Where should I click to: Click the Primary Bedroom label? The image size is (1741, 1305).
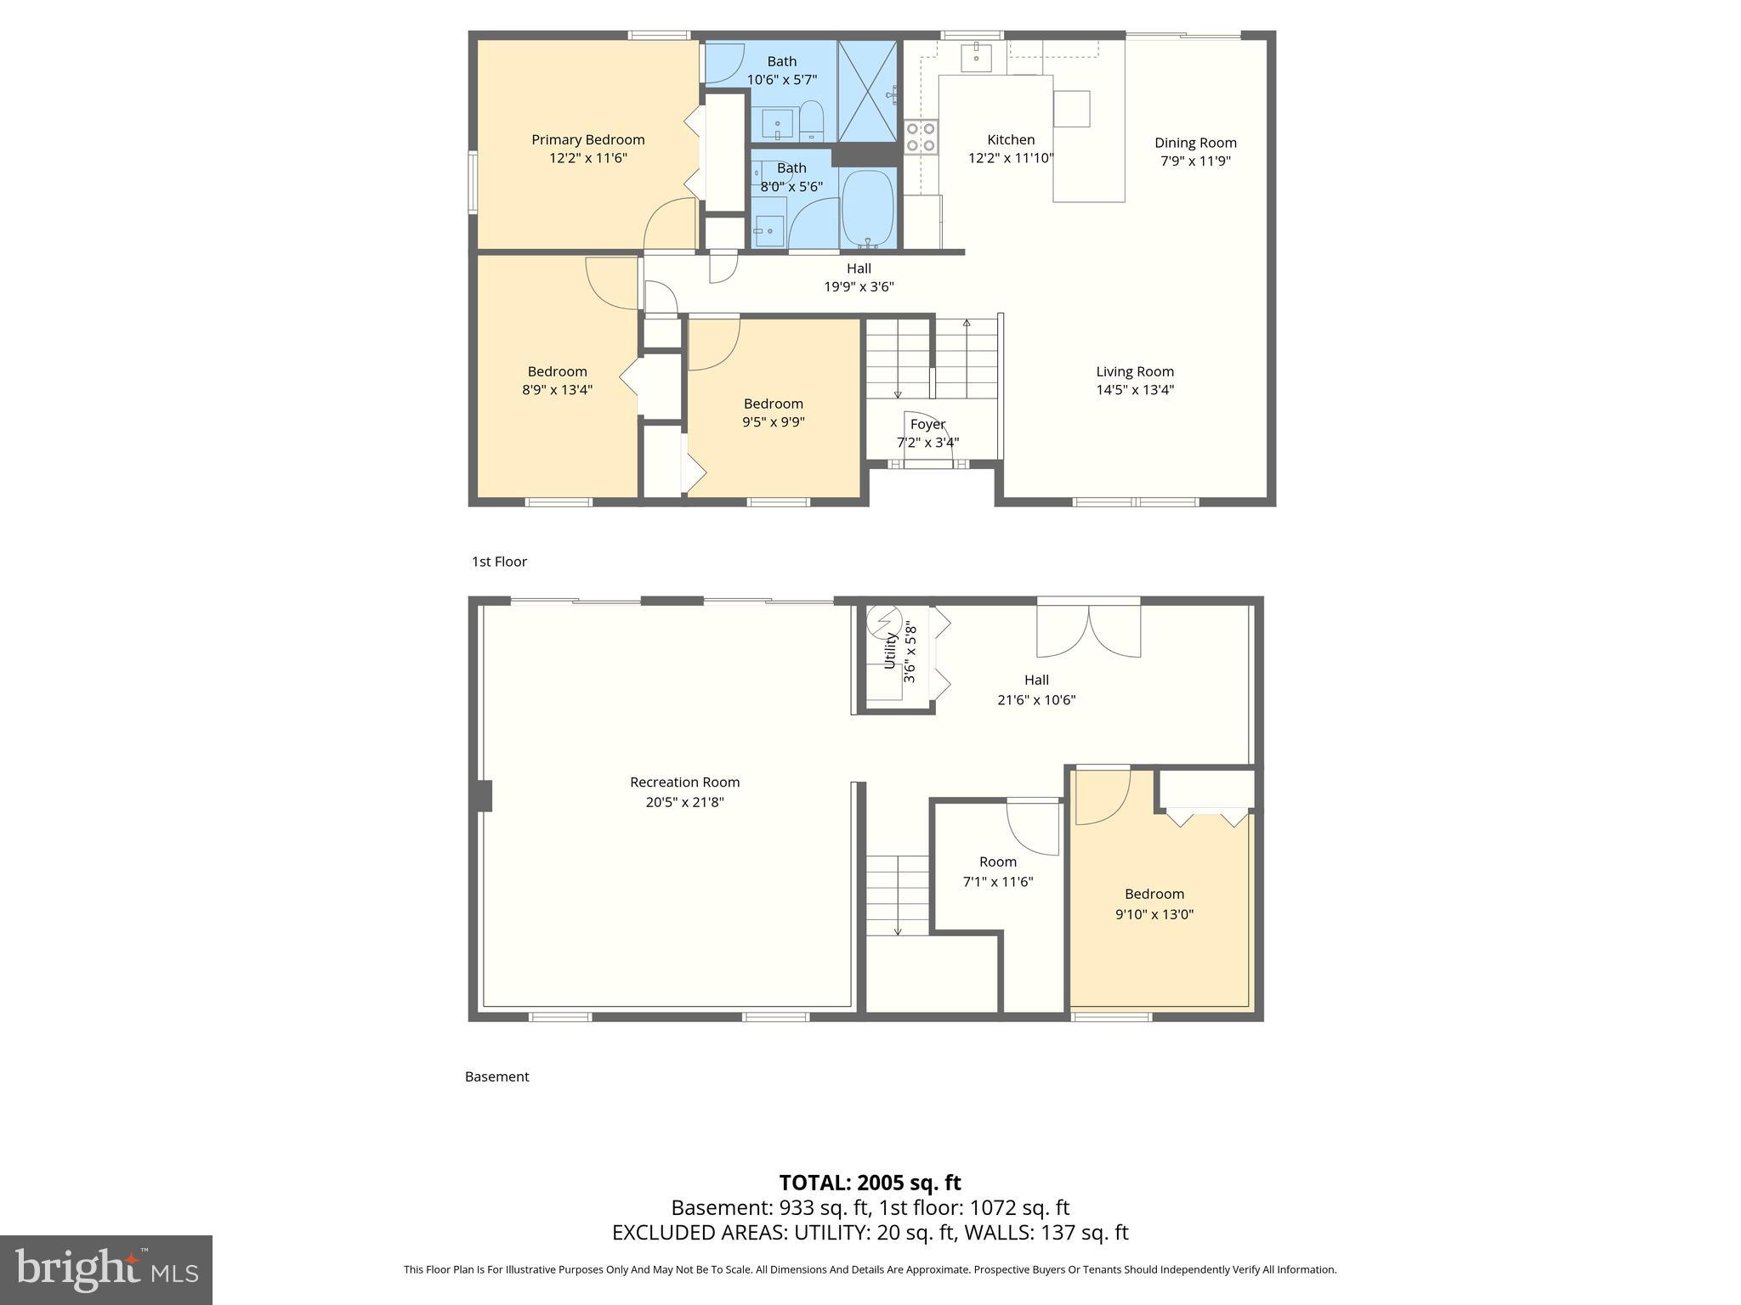click(x=587, y=139)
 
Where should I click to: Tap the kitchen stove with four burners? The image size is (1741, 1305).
click(x=921, y=138)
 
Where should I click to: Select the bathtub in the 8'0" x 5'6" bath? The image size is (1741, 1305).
click(x=867, y=208)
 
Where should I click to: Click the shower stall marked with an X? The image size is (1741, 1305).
click(x=867, y=90)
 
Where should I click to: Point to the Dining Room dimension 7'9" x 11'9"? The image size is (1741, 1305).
click(x=1195, y=161)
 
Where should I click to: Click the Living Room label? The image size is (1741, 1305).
click(x=1134, y=371)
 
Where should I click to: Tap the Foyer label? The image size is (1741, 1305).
click(x=927, y=424)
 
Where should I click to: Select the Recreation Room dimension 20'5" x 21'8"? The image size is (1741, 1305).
click(x=684, y=801)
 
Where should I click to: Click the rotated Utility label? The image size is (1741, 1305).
click(x=890, y=651)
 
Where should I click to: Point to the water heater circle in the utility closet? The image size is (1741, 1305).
click(x=883, y=621)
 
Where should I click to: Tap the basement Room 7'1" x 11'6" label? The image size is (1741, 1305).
click(x=997, y=862)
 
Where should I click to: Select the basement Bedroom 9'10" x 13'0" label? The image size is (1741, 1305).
click(x=1154, y=894)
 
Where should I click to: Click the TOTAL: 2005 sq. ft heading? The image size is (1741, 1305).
click(x=870, y=1182)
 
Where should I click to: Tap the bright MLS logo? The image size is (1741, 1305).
click(x=106, y=1269)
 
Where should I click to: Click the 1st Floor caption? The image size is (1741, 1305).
click(x=499, y=562)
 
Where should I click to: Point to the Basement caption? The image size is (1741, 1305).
click(x=496, y=1076)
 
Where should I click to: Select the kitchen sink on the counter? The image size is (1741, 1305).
click(x=977, y=58)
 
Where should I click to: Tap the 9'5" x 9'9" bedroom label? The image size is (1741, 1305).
click(x=773, y=421)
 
